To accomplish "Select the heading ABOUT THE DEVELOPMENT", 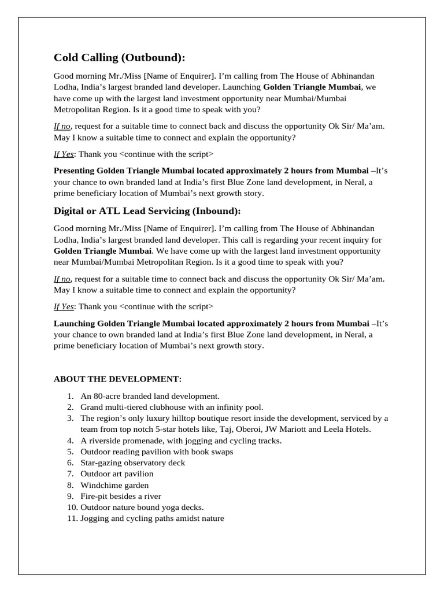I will point(117,379).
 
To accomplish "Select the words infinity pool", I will point(243,408).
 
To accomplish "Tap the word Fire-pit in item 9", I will point(94,496).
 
